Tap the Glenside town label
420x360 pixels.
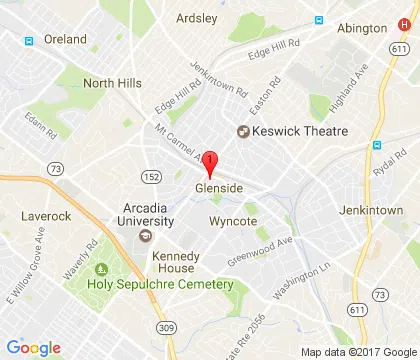click(217, 188)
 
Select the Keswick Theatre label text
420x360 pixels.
click(299, 131)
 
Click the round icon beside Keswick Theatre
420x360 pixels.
click(241, 131)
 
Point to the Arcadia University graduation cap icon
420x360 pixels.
click(147, 237)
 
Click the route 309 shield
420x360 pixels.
click(163, 328)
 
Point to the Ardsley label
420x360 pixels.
click(196, 18)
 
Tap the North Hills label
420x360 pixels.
click(113, 84)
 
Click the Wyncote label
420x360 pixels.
click(234, 221)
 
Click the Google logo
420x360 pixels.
click(34, 347)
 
